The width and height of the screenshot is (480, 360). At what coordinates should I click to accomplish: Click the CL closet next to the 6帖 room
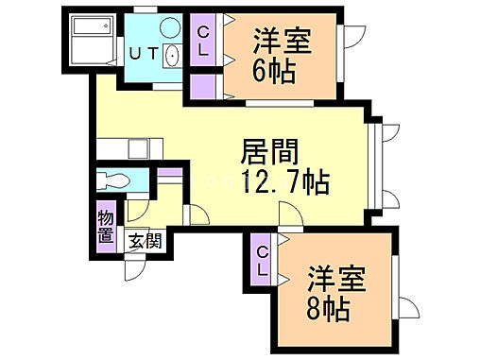point(203,41)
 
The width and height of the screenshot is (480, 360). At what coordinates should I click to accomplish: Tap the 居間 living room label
point(270,151)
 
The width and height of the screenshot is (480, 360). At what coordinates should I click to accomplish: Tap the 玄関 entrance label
point(145,240)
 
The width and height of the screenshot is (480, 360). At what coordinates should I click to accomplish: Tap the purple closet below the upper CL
point(203,86)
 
